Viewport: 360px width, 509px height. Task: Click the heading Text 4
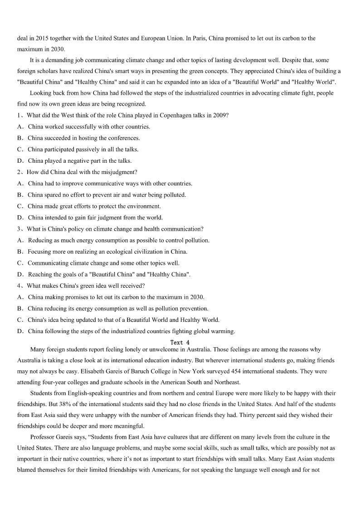(x=180, y=342)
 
